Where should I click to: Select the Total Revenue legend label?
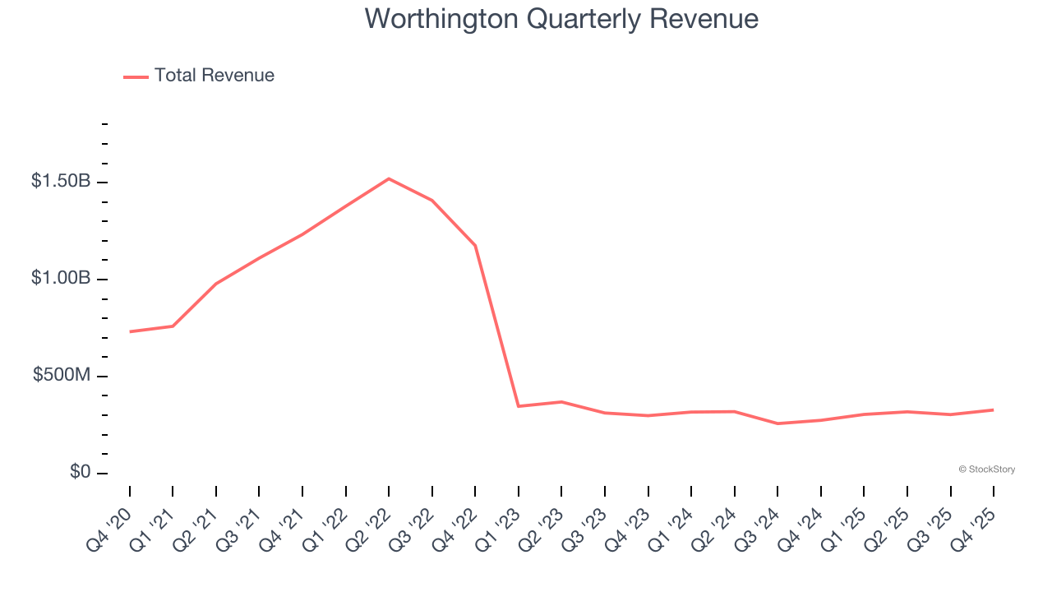(x=214, y=76)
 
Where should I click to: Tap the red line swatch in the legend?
(x=136, y=76)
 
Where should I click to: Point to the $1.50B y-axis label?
(x=61, y=181)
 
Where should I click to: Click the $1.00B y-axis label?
(x=61, y=278)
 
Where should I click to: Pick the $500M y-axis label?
(x=62, y=375)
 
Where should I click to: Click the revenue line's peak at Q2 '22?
(x=389, y=178)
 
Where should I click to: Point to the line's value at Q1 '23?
(x=519, y=406)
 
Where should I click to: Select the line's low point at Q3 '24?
(x=777, y=423)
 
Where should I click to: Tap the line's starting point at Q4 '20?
(x=130, y=331)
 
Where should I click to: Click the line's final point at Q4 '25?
(x=993, y=409)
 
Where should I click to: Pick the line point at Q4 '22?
(x=475, y=245)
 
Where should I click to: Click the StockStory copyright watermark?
(x=986, y=469)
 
